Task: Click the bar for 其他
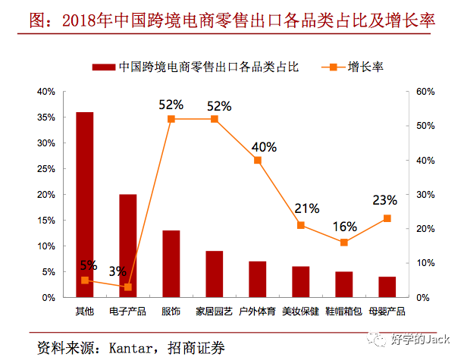[84, 205]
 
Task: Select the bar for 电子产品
[127, 246]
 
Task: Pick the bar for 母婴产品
[387, 286]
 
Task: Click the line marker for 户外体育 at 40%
[258, 160]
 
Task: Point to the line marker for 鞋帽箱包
[343, 243]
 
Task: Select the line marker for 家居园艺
[215, 119]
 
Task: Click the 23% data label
[385, 201]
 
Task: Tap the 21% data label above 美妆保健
[306, 208]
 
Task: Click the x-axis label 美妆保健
[301, 311]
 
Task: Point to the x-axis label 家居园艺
[215, 311]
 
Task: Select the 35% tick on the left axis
[46, 117]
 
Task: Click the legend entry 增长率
[365, 67]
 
